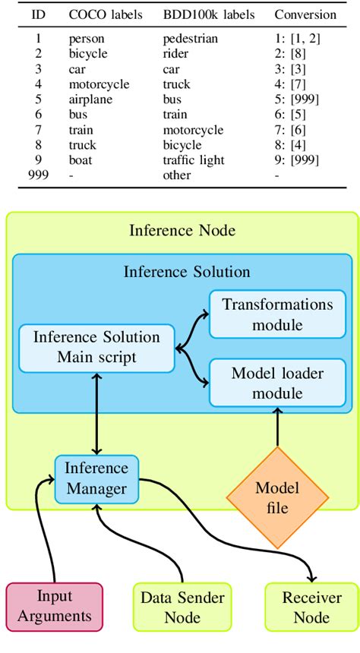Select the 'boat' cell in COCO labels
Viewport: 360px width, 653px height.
(81, 159)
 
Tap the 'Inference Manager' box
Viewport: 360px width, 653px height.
(96, 478)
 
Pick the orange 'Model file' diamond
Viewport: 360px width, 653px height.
(277, 497)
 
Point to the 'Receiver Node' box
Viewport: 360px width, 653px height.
(311, 607)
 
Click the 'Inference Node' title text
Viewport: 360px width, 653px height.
(182, 231)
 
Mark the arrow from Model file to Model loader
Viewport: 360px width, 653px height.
(277, 429)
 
